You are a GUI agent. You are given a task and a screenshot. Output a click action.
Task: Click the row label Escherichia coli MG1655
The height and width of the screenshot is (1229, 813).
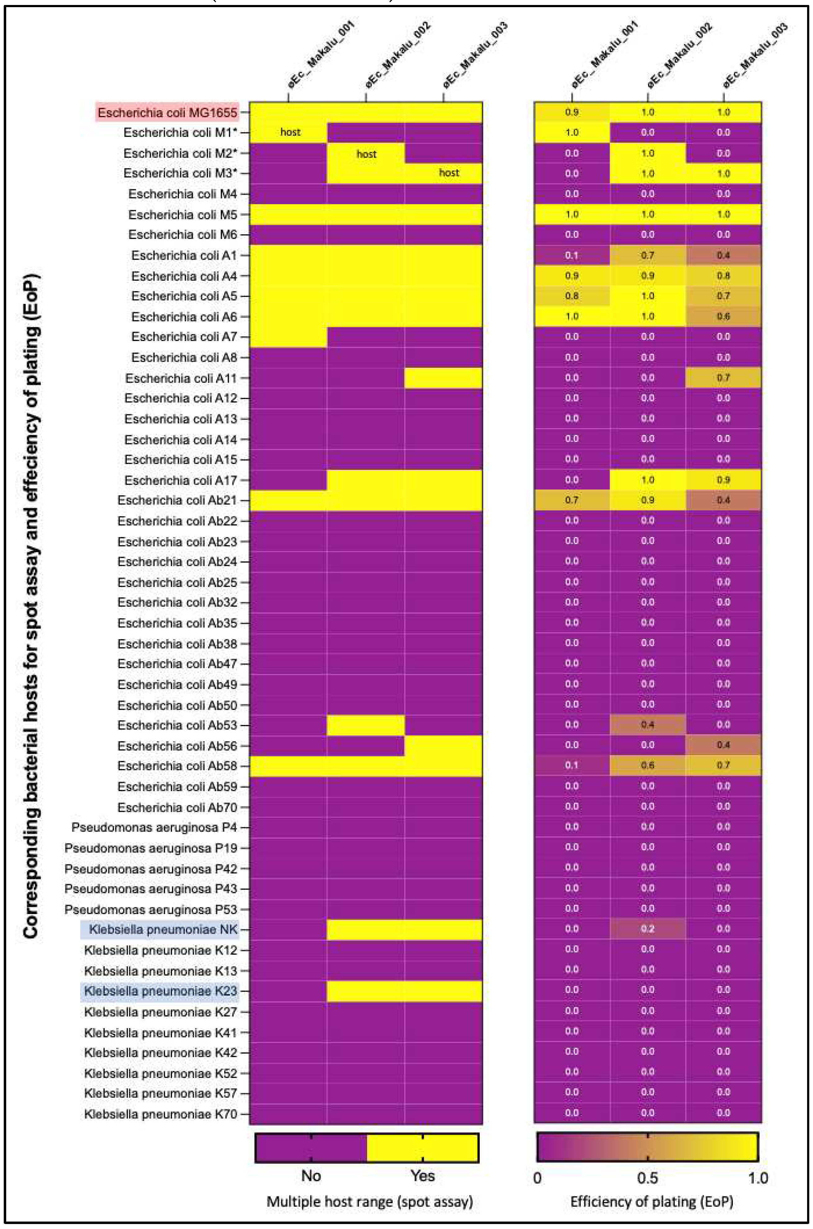[167, 112]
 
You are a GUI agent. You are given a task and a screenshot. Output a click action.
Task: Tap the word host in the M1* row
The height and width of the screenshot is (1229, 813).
[290, 132]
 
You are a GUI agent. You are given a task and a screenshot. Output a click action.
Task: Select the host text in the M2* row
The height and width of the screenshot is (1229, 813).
[366, 154]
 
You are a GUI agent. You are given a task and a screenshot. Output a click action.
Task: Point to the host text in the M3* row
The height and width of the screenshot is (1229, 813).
[449, 173]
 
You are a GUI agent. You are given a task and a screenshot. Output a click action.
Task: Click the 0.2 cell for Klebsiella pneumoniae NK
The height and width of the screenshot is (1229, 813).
[647, 929]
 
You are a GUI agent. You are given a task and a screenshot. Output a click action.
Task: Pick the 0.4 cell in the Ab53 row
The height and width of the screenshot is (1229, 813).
[647, 724]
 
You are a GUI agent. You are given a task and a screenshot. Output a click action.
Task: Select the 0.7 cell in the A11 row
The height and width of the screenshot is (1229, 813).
[723, 377]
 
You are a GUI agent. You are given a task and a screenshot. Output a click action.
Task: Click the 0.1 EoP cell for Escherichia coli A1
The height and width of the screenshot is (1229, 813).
[572, 255]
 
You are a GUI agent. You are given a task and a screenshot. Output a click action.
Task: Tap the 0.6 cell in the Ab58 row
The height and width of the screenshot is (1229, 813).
[647, 765]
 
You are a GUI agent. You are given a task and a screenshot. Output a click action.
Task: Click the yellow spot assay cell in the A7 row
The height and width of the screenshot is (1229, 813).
[288, 337]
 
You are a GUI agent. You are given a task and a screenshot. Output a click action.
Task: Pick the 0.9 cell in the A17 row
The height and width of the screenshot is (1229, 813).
[723, 480]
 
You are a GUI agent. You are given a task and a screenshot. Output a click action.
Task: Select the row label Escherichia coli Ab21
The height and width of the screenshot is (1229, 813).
[177, 500]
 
